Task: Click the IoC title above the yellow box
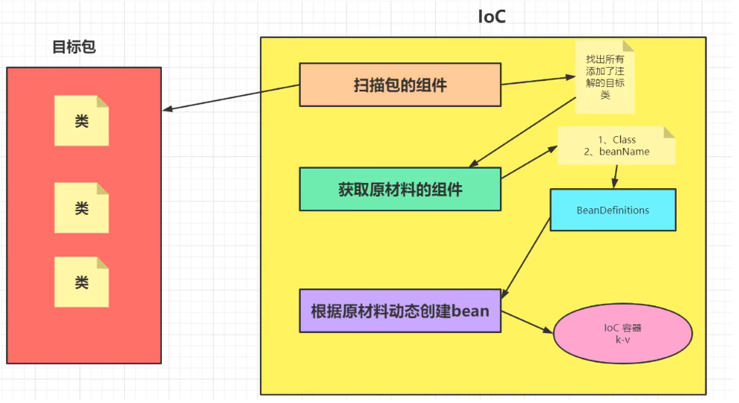pos(491,16)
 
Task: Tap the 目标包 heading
pos(74,47)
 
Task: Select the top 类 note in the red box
pos(82,120)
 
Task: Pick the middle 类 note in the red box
pos(82,208)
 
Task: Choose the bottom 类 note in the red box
pos(82,283)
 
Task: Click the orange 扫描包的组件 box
pos(400,85)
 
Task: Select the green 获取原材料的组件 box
pos(400,189)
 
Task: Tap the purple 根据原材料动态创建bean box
pos(400,310)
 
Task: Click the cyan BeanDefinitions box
pos(613,210)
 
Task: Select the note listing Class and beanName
pos(616,146)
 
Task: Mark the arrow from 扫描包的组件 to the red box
pos(230,97)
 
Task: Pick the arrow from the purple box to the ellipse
pos(527,323)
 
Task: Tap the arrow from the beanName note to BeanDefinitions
pos(616,176)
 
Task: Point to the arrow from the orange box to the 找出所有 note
pos(537,80)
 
